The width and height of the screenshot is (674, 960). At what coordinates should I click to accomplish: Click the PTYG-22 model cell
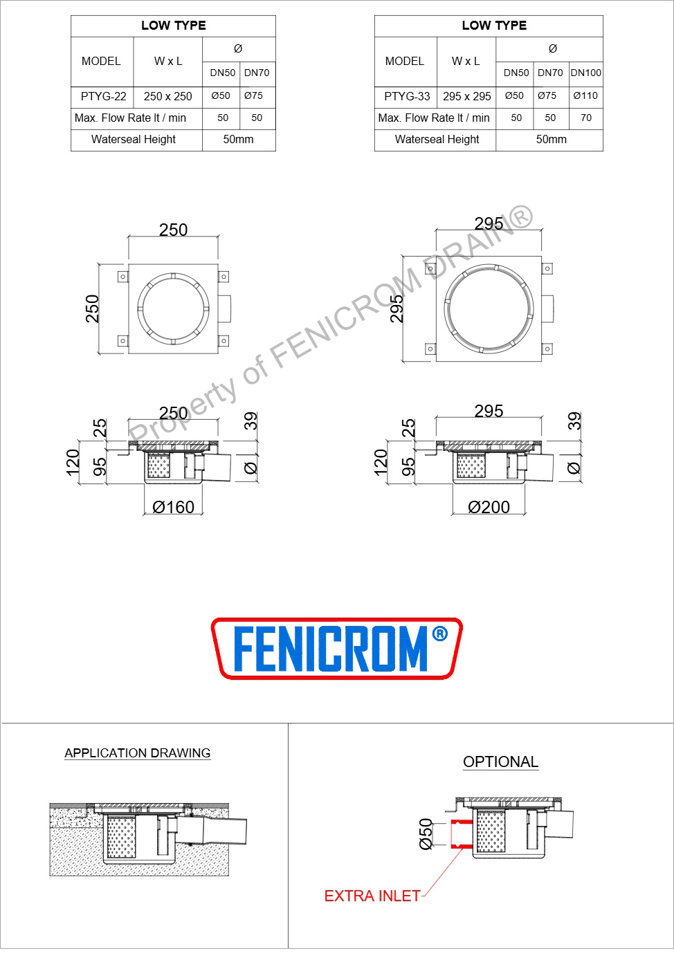pyautogui.click(x=103, y=96)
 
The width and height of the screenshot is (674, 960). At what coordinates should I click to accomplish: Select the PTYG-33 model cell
pyautogui.click(x=407, y=96)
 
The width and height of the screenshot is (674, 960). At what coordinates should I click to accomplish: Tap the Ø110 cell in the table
pyautogui.click(x=585, y=95)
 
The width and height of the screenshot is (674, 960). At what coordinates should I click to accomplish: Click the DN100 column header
pyautogui.click(x=585, y=73)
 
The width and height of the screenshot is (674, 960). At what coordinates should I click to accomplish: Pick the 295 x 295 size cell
pyautogui.click(x=466, y=96)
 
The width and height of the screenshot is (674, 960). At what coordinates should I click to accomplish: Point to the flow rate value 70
pyautogui.click(x=585, y=118)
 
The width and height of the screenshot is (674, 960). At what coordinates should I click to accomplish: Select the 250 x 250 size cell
pyautogui.click(x=167, y=96)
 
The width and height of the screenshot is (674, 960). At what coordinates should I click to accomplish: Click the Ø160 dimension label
pyautogui.click(x=173, y=507)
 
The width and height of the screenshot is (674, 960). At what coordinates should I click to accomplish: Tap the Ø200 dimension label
pyautogui.click(x=489, y=507)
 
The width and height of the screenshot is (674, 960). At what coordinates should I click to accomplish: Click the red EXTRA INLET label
pyautogui.click(x=372, y=896)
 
